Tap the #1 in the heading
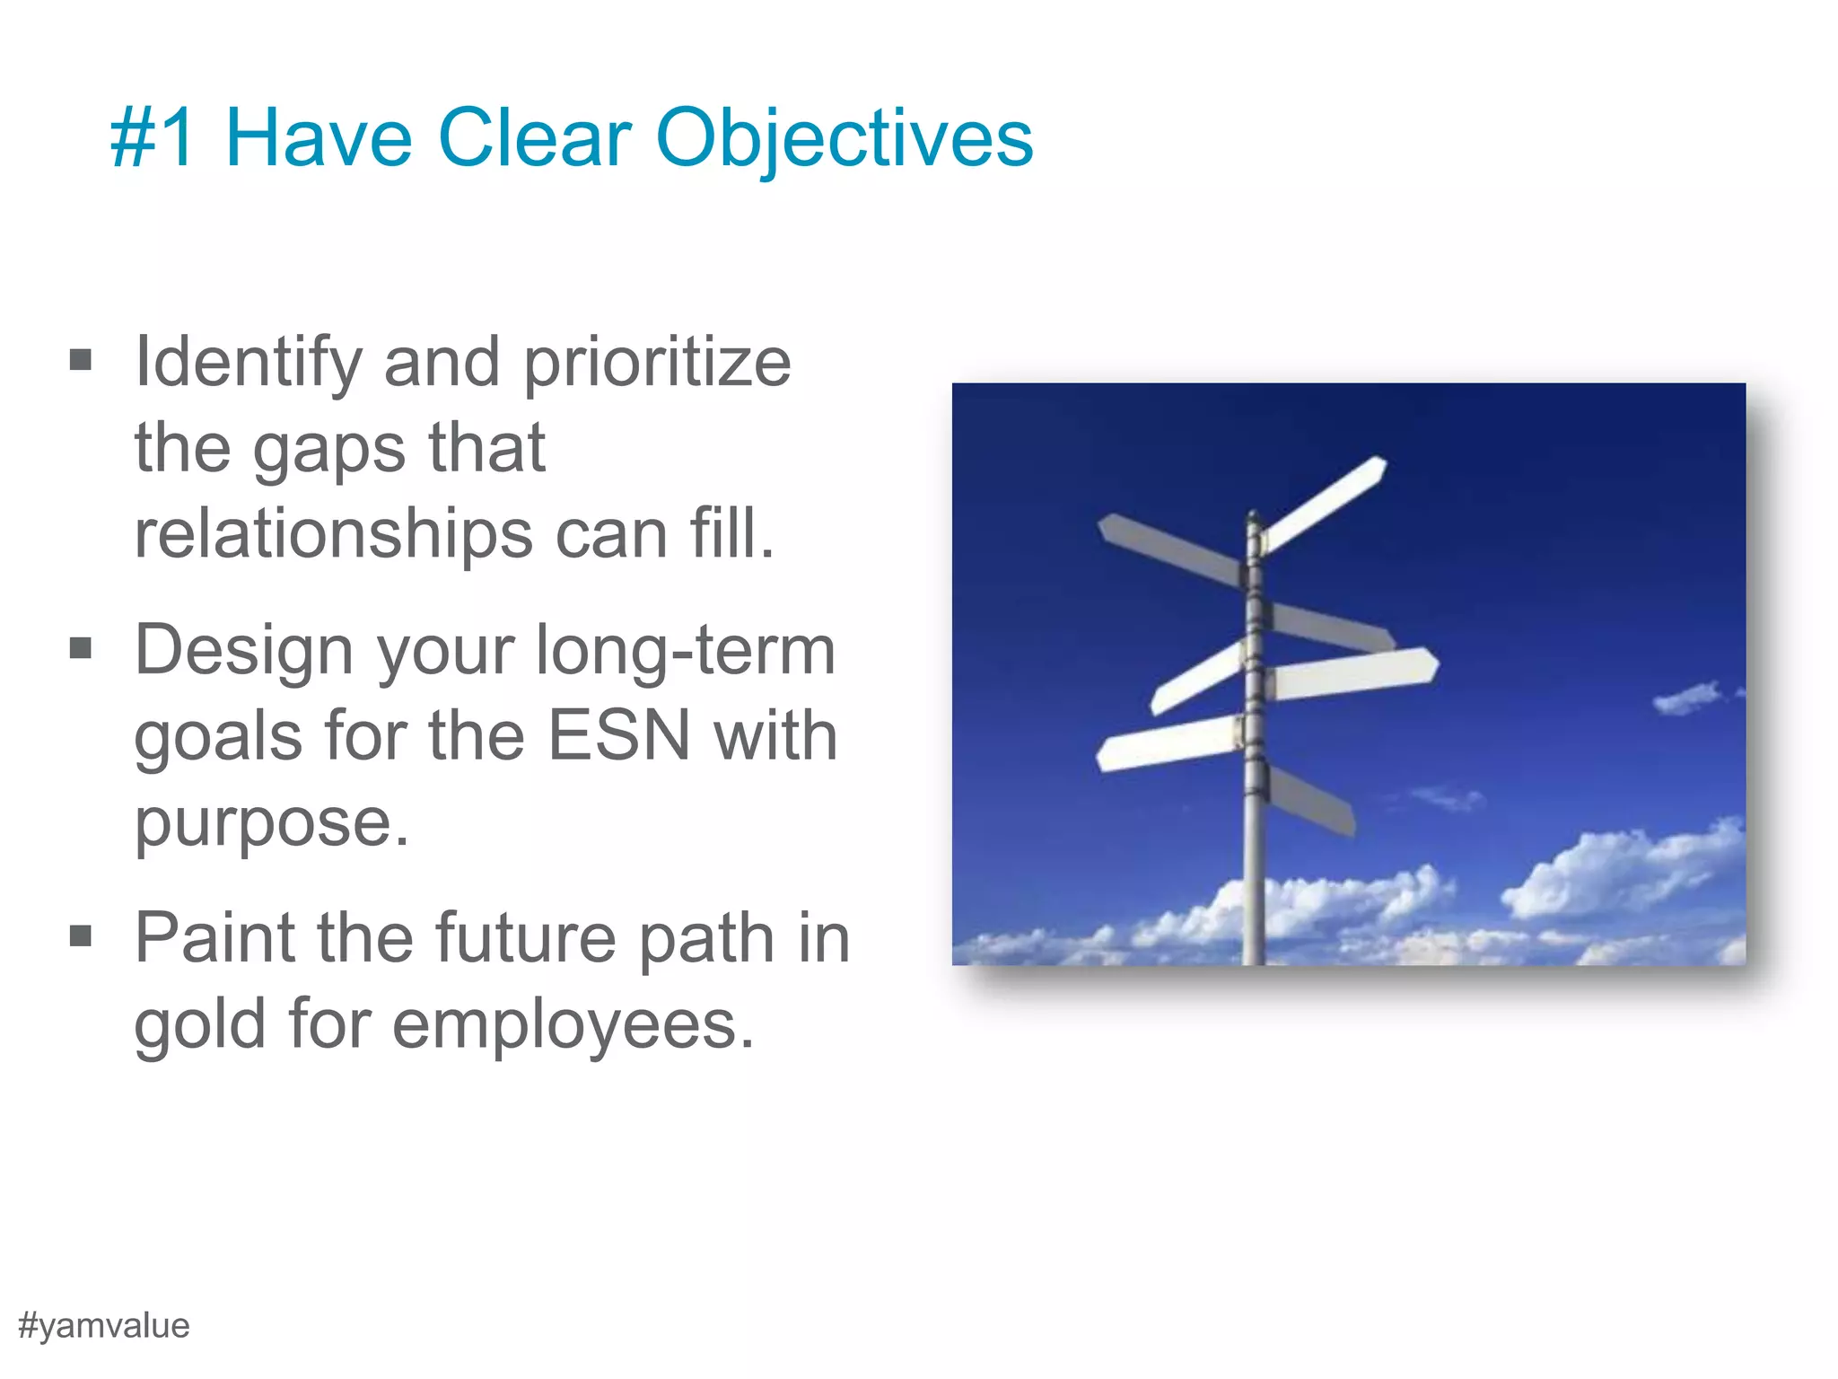click(x=152, y=139)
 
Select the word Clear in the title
click(x=534, y=139)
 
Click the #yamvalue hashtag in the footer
click(x=103, y=1325)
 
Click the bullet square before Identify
click(x=81, y=360)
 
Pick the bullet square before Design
click(x=81, y=647)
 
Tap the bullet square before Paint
click(x=81, y=936)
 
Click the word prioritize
click(x=657, y=364)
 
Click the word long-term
click(x=686, y=650)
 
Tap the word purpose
click(x=271, y=823)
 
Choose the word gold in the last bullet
click(x=199, y=1024)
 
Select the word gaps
click(x=328, y=449)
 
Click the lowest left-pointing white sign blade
click(x=1167, y=743)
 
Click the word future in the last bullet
click(x=526, y=938)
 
